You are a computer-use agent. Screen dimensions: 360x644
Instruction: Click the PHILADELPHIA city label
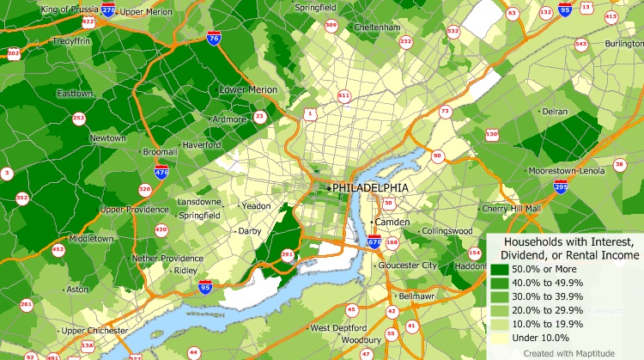[x=371, y=187]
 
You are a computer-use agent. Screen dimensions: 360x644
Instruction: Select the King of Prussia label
[x=70, y=9]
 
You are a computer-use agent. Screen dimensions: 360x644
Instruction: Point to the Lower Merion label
[x=248, y=89]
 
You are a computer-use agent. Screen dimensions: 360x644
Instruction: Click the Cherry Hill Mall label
[x=512, y=208]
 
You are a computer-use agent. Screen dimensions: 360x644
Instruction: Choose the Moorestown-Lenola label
[x=568, y=171]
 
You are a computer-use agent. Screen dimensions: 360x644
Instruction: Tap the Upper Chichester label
[x=94, y=331]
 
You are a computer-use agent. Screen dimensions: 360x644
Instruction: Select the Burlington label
[x=623, y=43]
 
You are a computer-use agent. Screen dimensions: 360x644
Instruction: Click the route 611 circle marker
[x=344, y=95]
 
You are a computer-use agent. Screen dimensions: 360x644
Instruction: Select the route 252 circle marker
[x=79, y=118]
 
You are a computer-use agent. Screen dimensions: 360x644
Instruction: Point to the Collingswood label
[x=447, y=231]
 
